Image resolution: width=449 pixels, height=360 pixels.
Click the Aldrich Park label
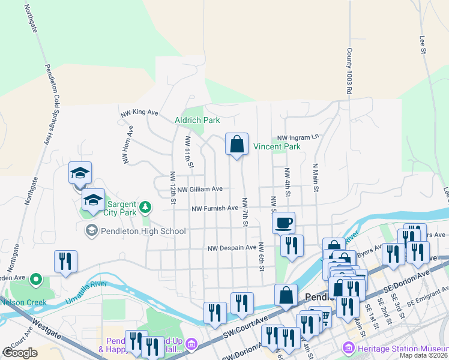[x=197, y=120]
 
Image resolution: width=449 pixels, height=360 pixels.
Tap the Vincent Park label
[x=276, y=146]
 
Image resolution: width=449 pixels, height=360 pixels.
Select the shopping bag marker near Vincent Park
[x=237, y=145]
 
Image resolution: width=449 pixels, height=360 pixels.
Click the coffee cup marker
[x=283, y=223]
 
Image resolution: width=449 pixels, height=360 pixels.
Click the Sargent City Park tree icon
[x=145, y=208]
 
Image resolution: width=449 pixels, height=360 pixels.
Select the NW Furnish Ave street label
[x=215, y=209]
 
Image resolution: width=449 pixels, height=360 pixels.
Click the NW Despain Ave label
[x=232, y=247]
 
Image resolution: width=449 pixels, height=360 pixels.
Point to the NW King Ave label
[x=139, y=112]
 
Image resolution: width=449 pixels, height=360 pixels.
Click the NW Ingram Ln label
[x=298, y=137]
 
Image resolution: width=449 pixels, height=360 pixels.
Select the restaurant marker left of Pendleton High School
[x=65, y=262]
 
